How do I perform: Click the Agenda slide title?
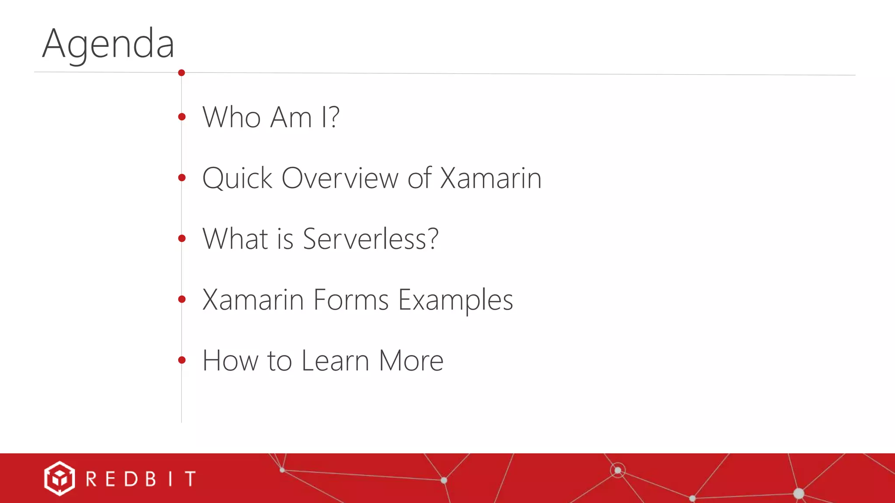click(x=108, y=44)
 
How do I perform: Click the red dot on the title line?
click(x=181, y=72)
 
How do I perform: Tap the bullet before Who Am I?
click(x=182, y=117)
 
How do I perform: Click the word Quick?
click(x=237, y=178)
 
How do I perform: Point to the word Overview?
click(x=340, y=178)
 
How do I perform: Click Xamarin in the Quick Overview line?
click(x=490, y=178)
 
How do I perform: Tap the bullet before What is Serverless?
click(x=182, y=238)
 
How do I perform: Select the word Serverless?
click(x=370, y=239)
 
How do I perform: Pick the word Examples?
click(x=455, y=300)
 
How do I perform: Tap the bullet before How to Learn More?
click(x=182, y=360)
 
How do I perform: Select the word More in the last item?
click(x=411, y=361)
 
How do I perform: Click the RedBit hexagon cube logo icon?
click(x=59, y=479)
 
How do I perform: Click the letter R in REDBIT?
click(x=91, y=479)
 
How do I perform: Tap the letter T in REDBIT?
click(x=190, y=479)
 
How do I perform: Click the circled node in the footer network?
click(x=617, y=470)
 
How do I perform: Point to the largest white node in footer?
click(x=798, y=493)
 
